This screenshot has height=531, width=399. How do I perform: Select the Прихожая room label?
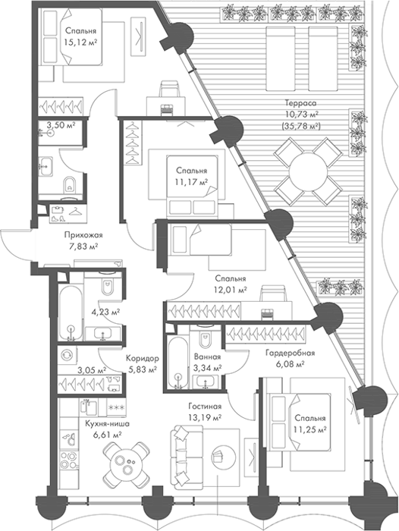tap(83, 234)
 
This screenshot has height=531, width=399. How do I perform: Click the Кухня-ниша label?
tap(108, 423)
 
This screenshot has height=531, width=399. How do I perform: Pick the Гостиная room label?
tap(205, 407)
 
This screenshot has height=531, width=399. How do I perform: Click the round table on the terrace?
tap(308, 171)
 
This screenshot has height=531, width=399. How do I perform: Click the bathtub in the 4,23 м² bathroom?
tap(70, 313)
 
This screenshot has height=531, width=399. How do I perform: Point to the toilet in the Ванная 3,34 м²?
tap(206, 337)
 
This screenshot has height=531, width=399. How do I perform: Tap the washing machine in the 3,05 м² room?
tap(67, 354)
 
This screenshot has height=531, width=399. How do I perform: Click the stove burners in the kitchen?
tap(69, 460)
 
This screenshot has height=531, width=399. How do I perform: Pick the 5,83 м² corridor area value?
tap(141, 369)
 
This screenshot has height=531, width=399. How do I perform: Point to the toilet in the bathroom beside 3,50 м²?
tap(70, 184)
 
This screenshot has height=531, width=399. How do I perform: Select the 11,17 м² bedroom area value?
tap(191, 182)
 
